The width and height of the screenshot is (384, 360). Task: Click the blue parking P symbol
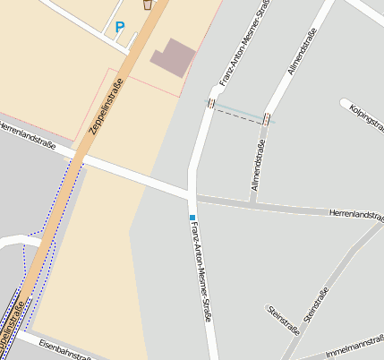[120, 28]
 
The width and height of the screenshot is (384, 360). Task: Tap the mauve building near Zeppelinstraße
[172, 56]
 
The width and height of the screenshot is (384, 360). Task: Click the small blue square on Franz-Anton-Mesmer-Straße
[192, 218]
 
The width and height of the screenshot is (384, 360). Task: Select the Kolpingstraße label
[367, 121]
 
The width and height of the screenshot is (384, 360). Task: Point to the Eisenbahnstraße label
[64, 348]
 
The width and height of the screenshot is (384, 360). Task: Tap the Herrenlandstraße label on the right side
[355, 214]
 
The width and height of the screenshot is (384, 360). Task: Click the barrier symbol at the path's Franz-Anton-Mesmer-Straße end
[211, 104]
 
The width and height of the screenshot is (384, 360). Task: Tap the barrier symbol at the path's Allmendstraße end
[267, 118]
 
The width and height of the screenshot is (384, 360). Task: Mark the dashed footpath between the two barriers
[239, 111]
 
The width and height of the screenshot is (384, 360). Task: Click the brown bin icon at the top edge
[148, 4]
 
